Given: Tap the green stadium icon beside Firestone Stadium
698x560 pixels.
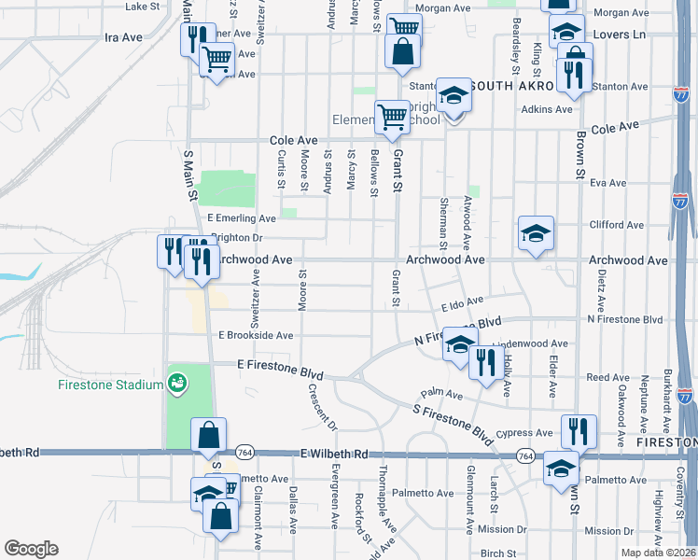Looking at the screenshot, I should (x=175, y=382).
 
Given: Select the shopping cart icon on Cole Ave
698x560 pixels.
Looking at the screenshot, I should (x=392, y=117).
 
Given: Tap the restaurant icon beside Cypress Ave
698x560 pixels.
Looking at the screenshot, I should (x=578, y=431).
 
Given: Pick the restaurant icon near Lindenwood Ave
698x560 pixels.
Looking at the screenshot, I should (x=483, y=361).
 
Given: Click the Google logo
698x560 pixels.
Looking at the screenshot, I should (x=31, y=549).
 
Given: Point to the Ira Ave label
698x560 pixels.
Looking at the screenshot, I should (x=123, y=37).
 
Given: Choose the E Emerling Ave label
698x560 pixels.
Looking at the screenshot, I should (x=242, y=218).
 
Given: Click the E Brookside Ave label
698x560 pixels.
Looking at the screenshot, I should (x=256, y=335).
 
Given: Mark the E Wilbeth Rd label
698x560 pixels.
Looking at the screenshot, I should (x=329, y=453).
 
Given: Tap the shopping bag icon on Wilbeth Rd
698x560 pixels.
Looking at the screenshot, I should (x=207, y=435).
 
